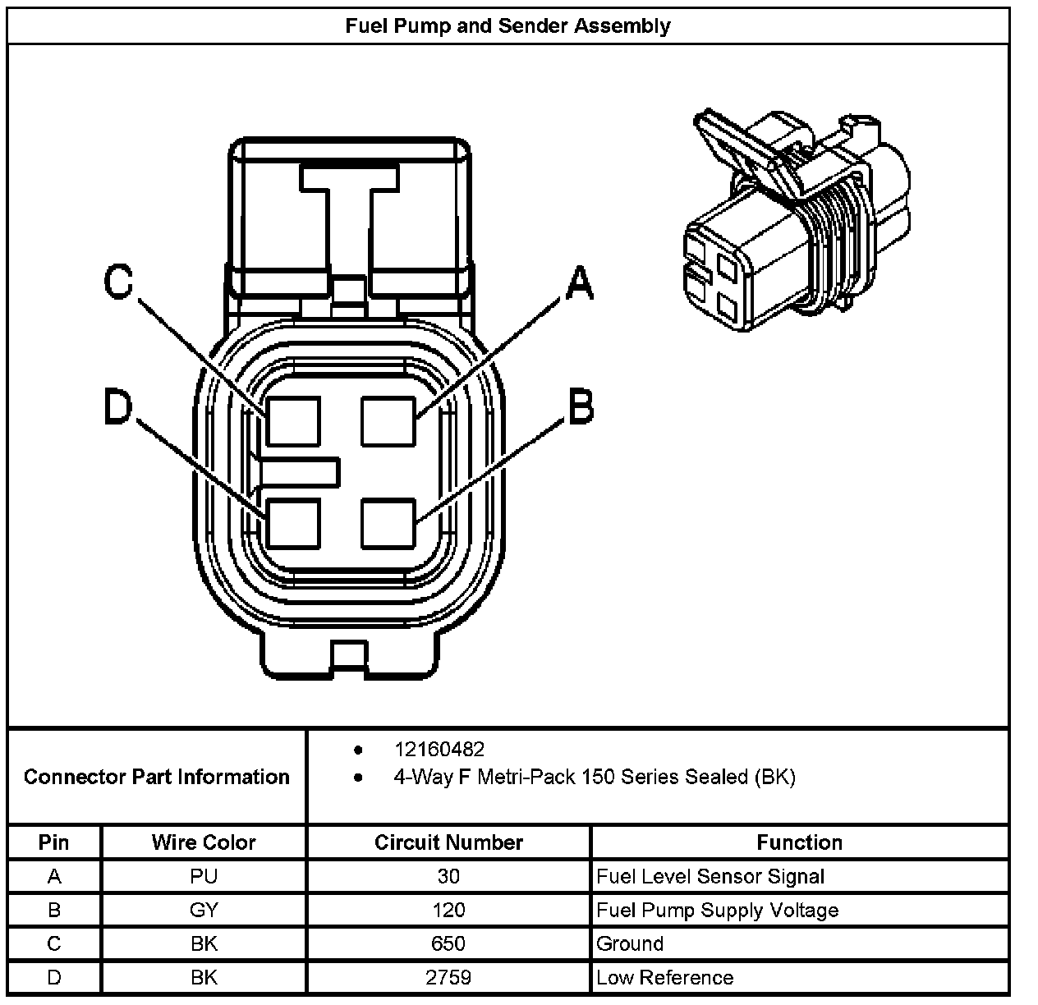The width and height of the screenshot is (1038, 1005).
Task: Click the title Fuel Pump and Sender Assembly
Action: click(508, 25)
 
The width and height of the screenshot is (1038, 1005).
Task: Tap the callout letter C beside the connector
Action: click(118, 282)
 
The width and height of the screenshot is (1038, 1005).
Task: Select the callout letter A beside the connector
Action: click(579, 284)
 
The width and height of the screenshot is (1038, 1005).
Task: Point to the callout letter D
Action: click(117, 408)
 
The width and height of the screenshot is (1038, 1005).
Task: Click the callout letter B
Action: click(581, 407)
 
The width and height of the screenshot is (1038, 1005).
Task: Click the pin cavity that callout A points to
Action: click(388, 420)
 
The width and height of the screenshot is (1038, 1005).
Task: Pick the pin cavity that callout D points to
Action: click(293, 523)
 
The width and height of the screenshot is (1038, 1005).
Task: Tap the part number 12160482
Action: click(439, 750)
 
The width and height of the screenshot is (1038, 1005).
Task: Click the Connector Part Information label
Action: click(156, 777)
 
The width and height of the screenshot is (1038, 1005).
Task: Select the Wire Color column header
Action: click(204, 842)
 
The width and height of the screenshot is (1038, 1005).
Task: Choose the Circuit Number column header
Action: click(448, 842)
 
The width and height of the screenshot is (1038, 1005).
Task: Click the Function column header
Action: click(799, 842)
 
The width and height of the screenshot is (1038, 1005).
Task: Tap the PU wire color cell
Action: click(204, 876)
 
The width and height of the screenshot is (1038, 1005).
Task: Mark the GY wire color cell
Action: click(204, 910)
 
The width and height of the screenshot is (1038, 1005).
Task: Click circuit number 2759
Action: click(448, 977)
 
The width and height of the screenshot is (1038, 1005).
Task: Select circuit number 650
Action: click(448, 943)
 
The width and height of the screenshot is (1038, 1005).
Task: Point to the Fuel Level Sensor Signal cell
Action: click(710, 876)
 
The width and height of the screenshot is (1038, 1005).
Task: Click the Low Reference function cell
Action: click(664, 977)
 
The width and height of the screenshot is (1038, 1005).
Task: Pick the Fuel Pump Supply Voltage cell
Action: click(717, 910)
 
